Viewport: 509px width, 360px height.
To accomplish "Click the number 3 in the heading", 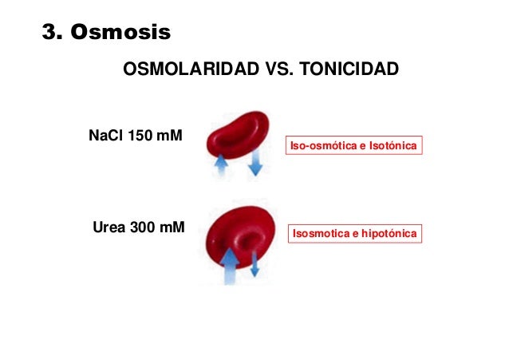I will click(x=50, y=33).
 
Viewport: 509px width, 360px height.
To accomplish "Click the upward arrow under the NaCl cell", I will click(x=221, y=165).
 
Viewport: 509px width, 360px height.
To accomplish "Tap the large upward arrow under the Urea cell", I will click(x=229, y=267).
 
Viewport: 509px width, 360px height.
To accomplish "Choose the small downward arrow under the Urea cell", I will click(x=254, y=263).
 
